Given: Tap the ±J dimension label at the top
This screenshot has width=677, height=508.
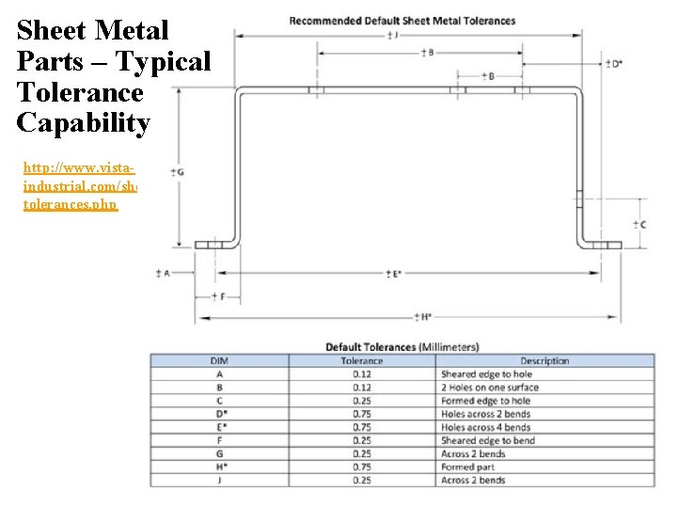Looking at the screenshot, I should click(391, 35).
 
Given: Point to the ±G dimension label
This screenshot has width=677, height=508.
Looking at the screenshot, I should click(177, 172).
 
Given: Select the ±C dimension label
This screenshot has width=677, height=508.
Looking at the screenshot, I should click(638, 224).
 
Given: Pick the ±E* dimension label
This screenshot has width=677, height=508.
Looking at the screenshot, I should click(393, 274).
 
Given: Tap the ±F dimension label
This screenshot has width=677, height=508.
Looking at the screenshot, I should click(217, 295).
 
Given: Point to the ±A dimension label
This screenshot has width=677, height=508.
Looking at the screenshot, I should click(163, 274).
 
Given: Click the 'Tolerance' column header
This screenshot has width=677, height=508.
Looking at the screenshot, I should click(361, 360).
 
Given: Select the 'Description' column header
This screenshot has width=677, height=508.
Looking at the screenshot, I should click(544, 360).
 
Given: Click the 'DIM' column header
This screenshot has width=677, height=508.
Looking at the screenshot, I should click(218, 360).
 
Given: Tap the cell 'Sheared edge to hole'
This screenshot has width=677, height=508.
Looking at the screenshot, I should click(486, 374).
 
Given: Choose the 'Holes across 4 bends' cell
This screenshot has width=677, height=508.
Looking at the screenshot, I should click(485, 427).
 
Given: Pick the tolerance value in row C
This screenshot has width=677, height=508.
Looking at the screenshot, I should click(361, 401).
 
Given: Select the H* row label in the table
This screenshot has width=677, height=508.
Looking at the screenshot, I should click(218, 467).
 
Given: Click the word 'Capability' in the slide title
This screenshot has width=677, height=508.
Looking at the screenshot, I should click(83, 124).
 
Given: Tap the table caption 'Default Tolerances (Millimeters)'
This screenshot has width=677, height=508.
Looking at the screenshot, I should click(402, 347).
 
